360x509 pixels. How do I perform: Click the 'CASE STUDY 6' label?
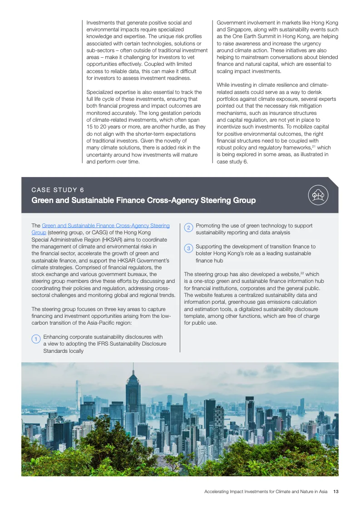click(57, 190)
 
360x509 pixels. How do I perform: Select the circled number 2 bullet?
click(188, 228)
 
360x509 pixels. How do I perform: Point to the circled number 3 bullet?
click(188, 249)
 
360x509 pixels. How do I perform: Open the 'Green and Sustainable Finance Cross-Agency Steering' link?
click(106, 226)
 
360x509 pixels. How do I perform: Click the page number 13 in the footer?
click(336, 491)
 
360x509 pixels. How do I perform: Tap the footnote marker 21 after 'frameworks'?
click(313, 146)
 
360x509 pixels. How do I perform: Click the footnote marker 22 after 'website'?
click(302, 273)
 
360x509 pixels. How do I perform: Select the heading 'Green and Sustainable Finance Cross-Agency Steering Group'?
click(143, 200)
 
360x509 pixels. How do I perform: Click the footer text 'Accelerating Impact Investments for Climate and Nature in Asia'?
click(266, 491)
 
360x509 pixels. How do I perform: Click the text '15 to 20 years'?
click(103, 127)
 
